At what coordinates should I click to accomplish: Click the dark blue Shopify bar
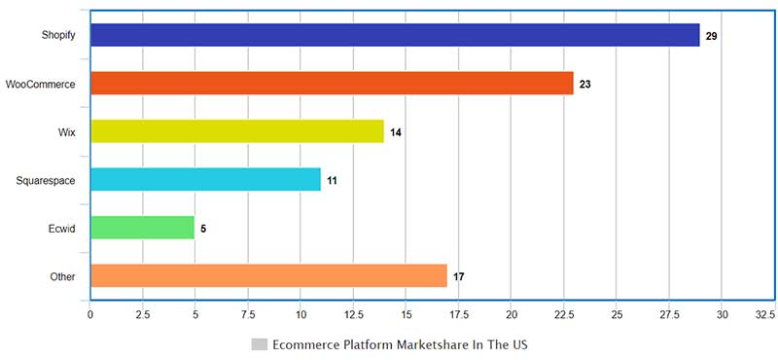point(395,35)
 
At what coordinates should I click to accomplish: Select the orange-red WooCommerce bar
point(332,84)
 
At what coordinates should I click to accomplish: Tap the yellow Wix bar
point(237,131)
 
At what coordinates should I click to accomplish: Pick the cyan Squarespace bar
point(205,180)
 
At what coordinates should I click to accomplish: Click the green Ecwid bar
point(142,229)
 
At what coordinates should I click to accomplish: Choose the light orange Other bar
point(268,276)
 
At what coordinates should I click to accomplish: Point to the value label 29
point(712,36)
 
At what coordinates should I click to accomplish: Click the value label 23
point(585,85)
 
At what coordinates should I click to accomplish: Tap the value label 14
point(396,132)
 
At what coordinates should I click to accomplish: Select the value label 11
point(333,181)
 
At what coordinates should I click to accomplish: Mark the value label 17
point(459,277)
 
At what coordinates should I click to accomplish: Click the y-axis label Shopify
point(58,36)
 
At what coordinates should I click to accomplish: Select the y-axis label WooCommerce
point(41,85)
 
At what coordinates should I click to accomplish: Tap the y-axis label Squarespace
point(46,181)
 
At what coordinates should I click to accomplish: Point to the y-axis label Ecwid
point(62,229)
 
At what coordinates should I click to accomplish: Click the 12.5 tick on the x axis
point(353,315)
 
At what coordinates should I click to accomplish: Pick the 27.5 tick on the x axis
point(669,315)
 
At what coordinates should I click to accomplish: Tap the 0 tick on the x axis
point(90,315)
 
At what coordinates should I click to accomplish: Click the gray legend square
point(259,344)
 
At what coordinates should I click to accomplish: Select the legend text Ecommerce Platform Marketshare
point(400,344)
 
